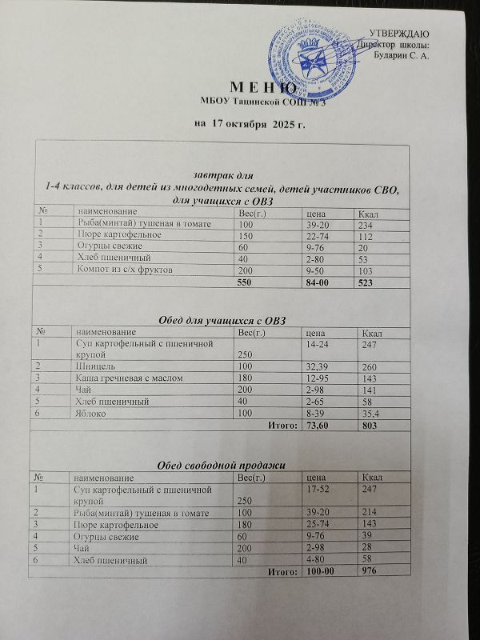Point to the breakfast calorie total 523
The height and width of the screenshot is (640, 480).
(370, 284)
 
